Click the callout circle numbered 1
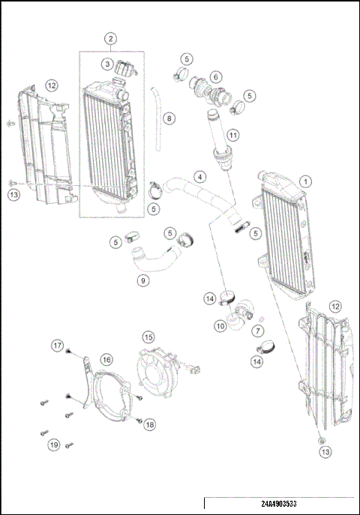[x=305, y=181]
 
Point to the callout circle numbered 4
[x=199, y=177]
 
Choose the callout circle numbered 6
[x=216, y=76]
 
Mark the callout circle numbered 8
[x=169, y=118]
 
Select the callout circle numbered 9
[x=141, y=282]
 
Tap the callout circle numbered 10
[x=220, y=326]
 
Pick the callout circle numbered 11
[x=234, y=135]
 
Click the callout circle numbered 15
[x=148, y=337]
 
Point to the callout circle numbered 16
[x=107, y=360]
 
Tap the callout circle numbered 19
[x=54, y=445]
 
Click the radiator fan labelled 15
[x=159, y=373]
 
